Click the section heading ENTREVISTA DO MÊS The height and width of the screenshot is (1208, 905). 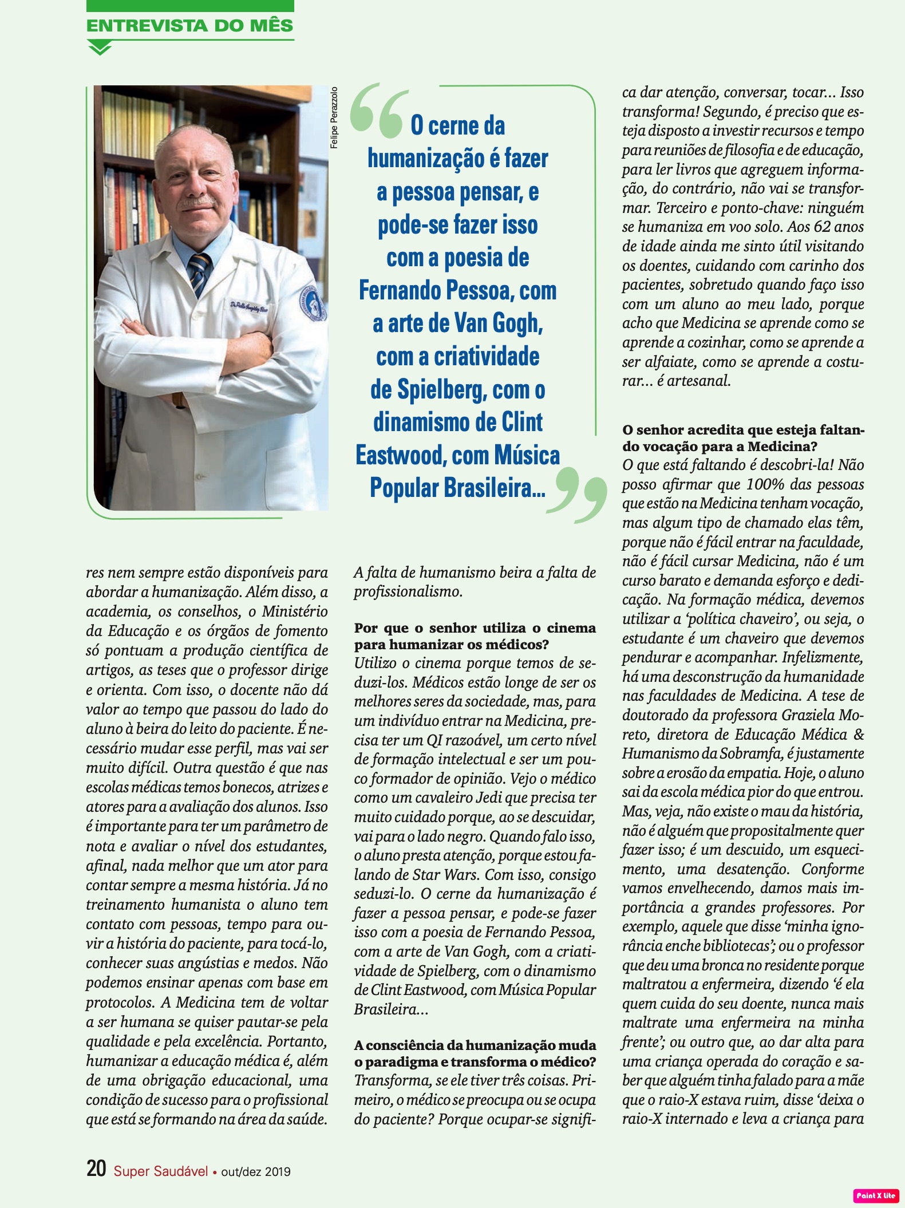[x=189, y=26]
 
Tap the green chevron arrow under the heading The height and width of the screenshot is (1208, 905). [x=100, y=49]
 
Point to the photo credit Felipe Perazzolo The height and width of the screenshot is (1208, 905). [x=334, y=117]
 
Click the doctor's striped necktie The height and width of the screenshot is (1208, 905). [x=199, y=275]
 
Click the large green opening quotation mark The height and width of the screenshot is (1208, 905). [x=379, y=111]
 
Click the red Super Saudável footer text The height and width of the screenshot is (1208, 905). [x=161, y=1171]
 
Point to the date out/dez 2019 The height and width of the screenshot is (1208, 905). [x=256, y=1172]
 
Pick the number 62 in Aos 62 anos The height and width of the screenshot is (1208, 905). [x=821, y=227]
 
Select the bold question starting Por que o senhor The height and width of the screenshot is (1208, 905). [x=475, y=636]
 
